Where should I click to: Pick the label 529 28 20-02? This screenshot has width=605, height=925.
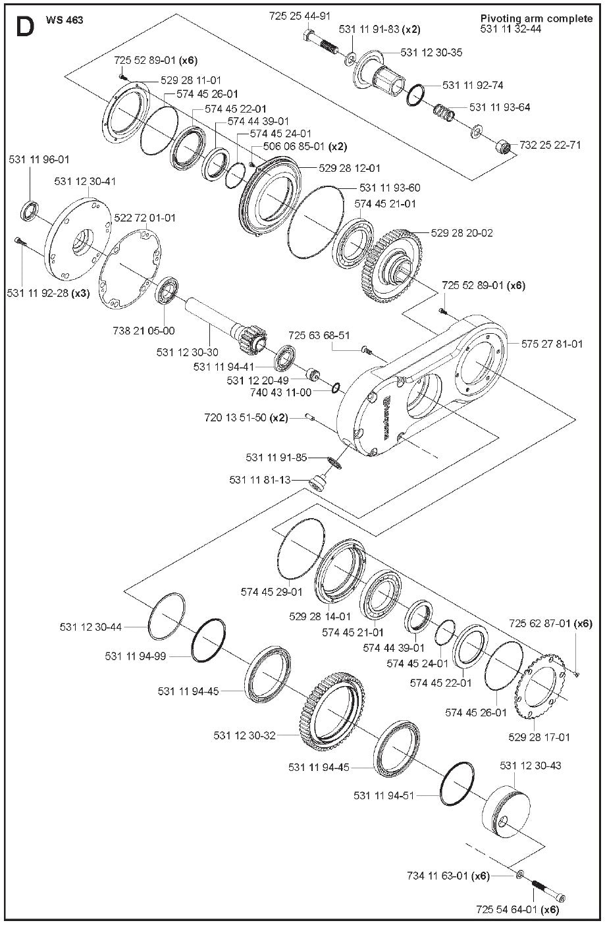click(461, 232)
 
